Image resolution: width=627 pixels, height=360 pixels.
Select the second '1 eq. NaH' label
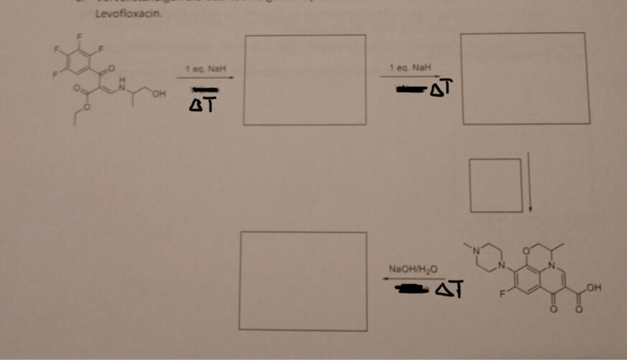tap(410, 67)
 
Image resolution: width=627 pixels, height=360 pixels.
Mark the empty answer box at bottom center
tap(303, 280)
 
